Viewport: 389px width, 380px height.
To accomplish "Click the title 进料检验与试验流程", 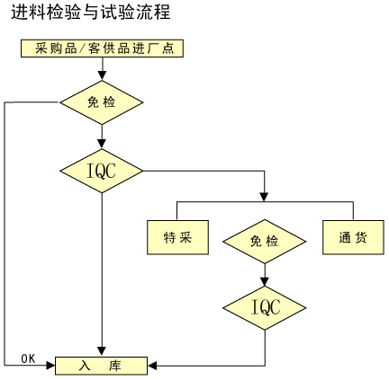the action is tap(91, 13).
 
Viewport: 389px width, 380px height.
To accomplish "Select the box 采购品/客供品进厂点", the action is tap(102, 49).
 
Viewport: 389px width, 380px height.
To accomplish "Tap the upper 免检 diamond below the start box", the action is tap(102, 102).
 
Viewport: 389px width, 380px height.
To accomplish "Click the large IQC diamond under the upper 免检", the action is tap(102, 171).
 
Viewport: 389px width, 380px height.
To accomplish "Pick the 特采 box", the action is tap(177, 237).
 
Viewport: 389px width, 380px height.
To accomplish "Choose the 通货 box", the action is tap(353, 237).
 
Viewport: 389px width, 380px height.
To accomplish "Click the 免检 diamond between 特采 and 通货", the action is tap(265, 242).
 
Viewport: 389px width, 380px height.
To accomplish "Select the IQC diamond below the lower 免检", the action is tap(265, 308).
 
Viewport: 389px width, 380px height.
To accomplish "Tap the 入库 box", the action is tap(102, 366).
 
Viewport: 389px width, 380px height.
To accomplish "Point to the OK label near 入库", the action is tap(28, 358).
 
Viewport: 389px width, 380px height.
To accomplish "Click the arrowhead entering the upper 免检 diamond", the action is tap(102, 75).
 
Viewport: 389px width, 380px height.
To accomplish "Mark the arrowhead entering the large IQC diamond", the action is tap(102, 144).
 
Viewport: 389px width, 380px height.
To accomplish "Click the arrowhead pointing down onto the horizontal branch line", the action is tap(264, 197).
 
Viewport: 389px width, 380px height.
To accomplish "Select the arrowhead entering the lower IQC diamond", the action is tap(265, 282).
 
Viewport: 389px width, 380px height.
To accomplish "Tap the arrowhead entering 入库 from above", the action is tap(102, 352).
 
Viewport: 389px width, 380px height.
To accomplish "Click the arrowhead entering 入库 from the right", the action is tap(152, 366).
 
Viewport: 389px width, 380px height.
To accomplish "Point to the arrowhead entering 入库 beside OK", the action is tap(50, 366).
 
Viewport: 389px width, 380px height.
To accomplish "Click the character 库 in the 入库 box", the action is tap(115, 366).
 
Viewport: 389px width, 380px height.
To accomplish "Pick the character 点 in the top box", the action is tap(168, 49).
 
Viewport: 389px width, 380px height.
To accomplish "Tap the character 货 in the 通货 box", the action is tap(360, 238).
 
